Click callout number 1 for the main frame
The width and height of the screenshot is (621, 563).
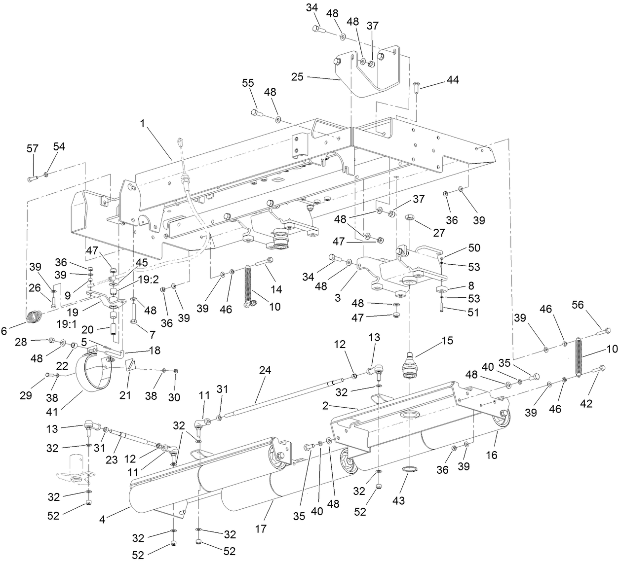pos(143,125)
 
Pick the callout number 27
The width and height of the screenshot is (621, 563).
pos(438,233)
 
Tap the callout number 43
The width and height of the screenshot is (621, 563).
pos(398,500)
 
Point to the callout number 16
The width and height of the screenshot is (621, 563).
pos(492,455)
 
